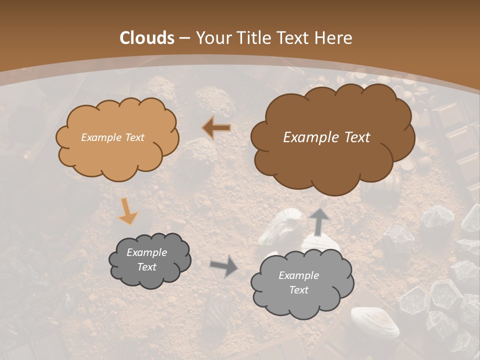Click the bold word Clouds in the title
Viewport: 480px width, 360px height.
pos(147,38)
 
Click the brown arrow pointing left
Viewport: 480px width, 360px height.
pos(216,127)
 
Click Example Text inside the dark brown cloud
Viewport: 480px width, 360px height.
pos(326,137)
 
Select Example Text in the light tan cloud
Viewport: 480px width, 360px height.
pos(112,137)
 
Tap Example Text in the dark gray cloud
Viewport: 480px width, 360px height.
pos(147,260)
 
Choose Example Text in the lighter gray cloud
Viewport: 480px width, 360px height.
pos(299,283)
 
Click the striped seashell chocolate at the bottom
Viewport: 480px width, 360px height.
pos(375,322)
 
